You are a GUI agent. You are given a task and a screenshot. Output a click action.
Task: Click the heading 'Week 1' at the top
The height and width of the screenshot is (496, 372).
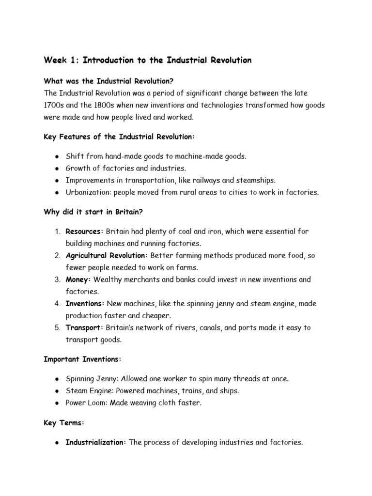pos(62,61)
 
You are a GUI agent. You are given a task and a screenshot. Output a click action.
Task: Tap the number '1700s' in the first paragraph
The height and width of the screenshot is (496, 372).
pos(54,105)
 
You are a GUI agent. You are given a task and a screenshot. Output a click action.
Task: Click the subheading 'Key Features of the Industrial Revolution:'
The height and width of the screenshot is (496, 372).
pos(119,137)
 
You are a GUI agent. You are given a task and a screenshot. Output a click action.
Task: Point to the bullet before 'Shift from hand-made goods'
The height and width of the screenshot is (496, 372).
pos(57,156)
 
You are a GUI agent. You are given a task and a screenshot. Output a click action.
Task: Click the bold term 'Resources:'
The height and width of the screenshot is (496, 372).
pos(85,232)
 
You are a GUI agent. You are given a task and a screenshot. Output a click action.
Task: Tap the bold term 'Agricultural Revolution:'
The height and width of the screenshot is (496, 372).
pos(107,255)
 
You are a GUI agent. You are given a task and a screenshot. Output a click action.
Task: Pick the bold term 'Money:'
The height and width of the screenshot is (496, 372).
pos(78,279)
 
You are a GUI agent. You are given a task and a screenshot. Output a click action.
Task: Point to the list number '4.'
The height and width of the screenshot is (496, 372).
pos(56,304)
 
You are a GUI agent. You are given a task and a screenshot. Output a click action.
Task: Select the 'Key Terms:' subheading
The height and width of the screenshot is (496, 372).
pos(64,422)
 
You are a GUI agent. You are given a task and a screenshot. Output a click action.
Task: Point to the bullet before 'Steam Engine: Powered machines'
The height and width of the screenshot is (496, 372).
pos(57,391)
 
